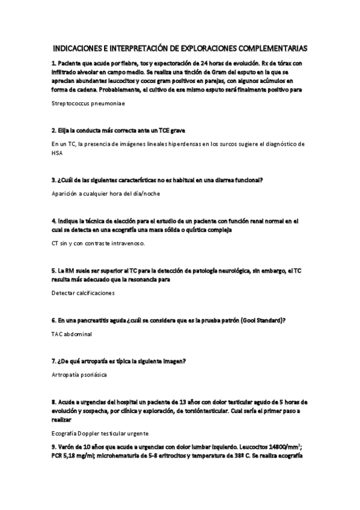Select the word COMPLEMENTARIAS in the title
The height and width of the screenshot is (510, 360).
coord(274,48)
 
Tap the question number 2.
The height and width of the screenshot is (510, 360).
coord(53,130)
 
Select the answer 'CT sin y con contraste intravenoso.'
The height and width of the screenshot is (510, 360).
coord(99,244)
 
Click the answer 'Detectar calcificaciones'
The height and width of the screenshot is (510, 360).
coord(83,293)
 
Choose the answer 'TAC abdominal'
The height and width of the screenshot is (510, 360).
coord(72,334)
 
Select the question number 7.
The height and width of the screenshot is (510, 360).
coord(53,361)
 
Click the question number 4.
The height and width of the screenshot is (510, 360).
coord(53,221)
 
